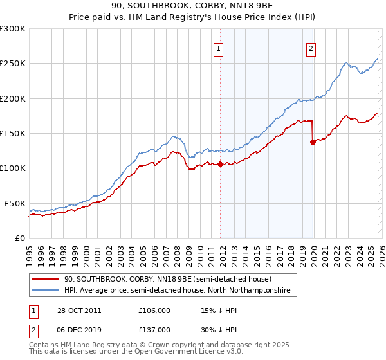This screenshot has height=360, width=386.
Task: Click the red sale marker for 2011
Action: point(220,164)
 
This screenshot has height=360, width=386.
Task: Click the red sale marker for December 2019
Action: point(313,143)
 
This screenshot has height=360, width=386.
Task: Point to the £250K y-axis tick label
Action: point(13,64)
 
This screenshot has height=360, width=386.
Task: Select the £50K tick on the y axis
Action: point(15,203)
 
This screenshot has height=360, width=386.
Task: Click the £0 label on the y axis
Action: point(21,238)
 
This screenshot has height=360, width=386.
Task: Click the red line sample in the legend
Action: point(46,279)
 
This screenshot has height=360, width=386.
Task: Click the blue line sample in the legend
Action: point(46,291)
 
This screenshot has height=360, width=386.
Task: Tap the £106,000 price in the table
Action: point(154,310)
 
